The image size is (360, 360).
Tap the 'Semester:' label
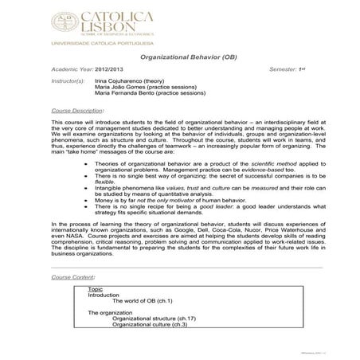coord(283,70)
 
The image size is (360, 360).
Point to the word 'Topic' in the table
coord(95,288)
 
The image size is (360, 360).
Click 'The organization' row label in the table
coord(110,312)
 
